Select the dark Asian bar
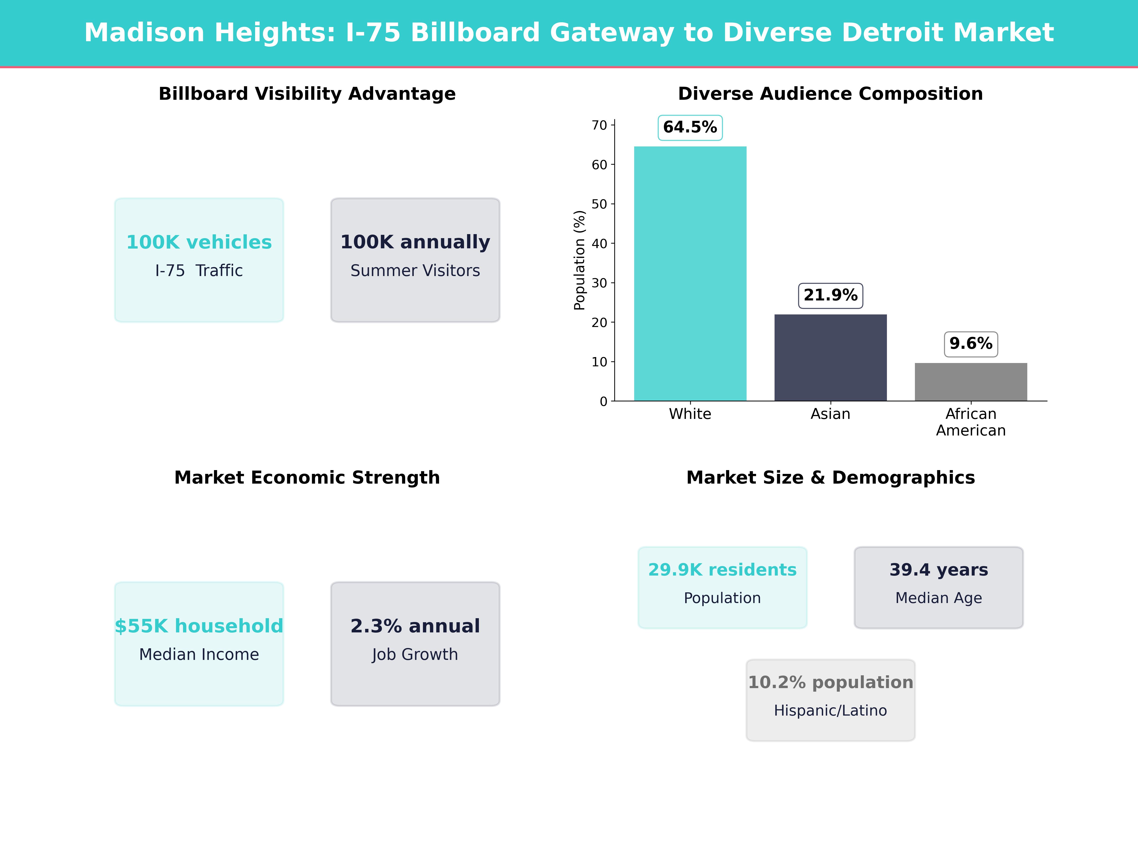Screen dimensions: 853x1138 (830, 357)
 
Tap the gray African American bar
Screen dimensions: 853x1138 (971, 381)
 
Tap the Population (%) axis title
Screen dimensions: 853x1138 (580, 260)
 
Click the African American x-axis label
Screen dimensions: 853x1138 (971, 422)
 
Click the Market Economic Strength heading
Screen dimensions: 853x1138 (307, 478)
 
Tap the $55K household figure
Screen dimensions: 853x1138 (199, 626)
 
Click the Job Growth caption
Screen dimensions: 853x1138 (415, 654)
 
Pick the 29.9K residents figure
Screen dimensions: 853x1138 (722, 570)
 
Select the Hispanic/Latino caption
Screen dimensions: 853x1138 (830, 711)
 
